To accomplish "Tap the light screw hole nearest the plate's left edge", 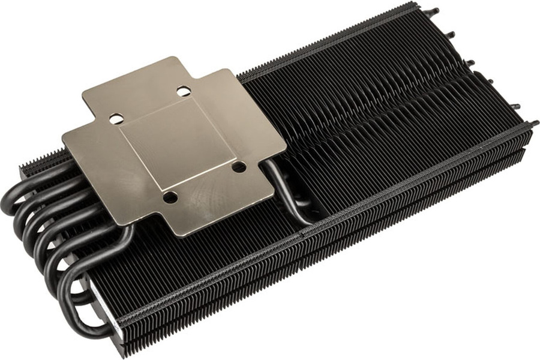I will (x=116, y=119).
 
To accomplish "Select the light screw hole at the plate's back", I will (x=184, y=91).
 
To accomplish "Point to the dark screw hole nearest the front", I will (x=170, y=196).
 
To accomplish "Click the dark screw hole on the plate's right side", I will (x=239, y=166).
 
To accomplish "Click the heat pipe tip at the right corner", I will (x=533, y=124).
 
